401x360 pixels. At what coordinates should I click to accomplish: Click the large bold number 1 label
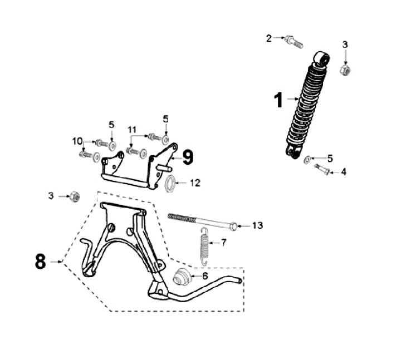tap(278, 101)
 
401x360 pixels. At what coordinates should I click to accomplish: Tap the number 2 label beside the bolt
tap(269, 38)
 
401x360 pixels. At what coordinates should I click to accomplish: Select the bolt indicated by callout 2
tap(292, 41)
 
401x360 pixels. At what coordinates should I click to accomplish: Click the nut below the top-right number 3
tap(345, 70)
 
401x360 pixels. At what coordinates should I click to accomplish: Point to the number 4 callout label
tap(344, 172)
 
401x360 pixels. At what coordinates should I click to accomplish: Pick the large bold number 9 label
tap(188, 157)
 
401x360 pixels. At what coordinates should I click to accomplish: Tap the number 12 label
tap(195, 182)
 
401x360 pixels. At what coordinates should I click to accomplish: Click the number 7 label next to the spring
tap(224, 243)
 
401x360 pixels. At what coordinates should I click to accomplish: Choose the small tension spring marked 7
tap(204, 245)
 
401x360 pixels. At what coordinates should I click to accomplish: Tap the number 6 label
tap(204, 275)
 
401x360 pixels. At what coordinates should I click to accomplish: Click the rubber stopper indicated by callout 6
tap(182, 277)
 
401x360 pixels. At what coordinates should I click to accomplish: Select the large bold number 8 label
tap(40, 261)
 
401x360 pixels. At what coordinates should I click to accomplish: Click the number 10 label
tap(77, 140)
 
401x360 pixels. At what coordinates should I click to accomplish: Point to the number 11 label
tap(132, 130)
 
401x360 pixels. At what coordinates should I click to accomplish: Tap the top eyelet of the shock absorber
tap(321, 57)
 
